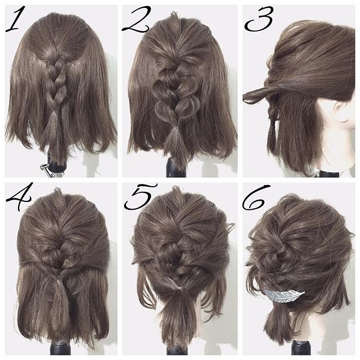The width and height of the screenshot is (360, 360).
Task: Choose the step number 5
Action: pos(140,196)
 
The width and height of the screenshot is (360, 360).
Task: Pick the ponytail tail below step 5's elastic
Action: pos(177,314)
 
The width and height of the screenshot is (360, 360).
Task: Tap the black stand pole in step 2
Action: pos(175,168)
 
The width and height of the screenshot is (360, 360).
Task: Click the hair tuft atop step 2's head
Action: pos(175,16)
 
